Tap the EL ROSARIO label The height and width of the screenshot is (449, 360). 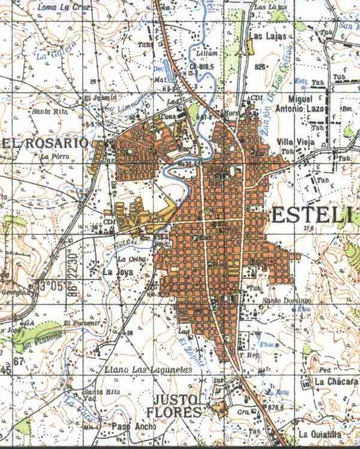tap(45, 144)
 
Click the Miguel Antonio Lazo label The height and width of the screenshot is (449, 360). tap(291, 103)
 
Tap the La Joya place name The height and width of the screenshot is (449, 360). tap(115, 271)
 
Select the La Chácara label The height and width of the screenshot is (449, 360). tap(335, 382)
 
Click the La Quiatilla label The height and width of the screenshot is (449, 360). tap(322, 435)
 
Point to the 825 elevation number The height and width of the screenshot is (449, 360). tap(259, 67)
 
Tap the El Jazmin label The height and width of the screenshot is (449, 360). tap(95, 98)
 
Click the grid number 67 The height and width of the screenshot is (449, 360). tap(19, 361)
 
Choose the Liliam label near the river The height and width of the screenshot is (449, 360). tap(209, 53)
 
